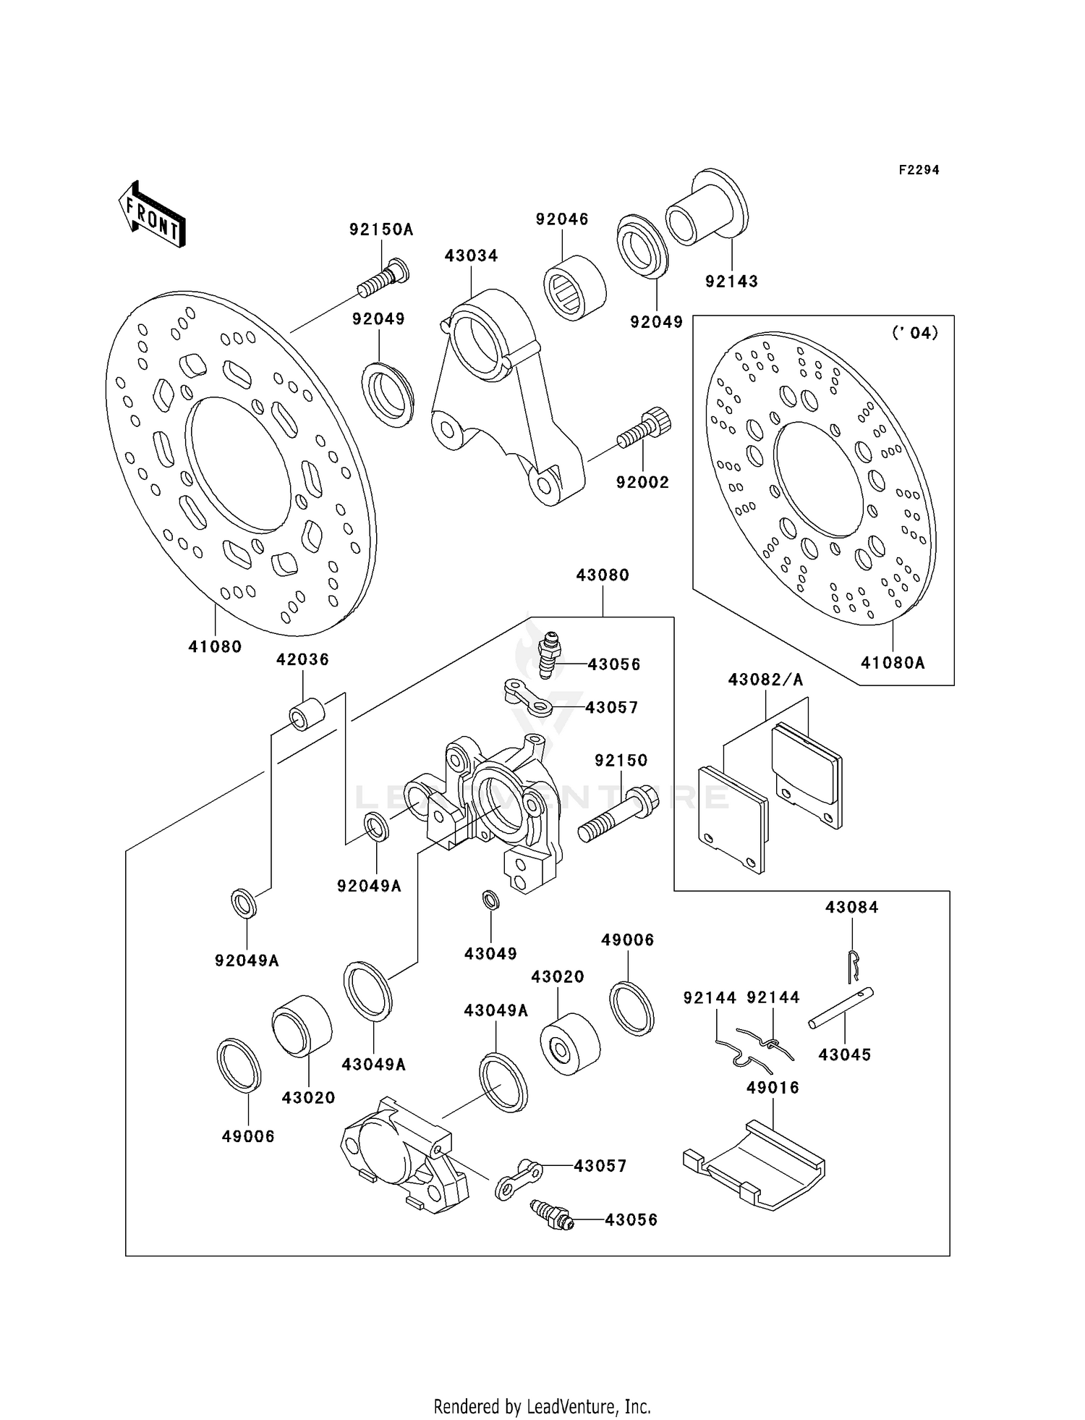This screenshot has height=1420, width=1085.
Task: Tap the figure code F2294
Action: pos(919,170)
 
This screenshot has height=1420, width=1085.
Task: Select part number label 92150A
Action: pos(381,230)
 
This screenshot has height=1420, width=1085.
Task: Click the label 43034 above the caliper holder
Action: pos(471,255)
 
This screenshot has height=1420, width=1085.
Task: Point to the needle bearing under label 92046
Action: pos(574,287)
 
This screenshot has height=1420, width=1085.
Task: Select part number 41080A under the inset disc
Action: pos(893,662)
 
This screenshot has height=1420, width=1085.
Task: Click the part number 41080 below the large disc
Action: pos(215,646)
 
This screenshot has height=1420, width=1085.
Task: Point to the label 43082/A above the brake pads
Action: pos(765,680)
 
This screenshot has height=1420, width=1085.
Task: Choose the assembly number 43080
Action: pos(603,575)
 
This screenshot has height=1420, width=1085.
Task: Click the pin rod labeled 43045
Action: pos(841,1007)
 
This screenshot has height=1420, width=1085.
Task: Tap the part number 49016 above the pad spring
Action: pos(773,1088)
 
